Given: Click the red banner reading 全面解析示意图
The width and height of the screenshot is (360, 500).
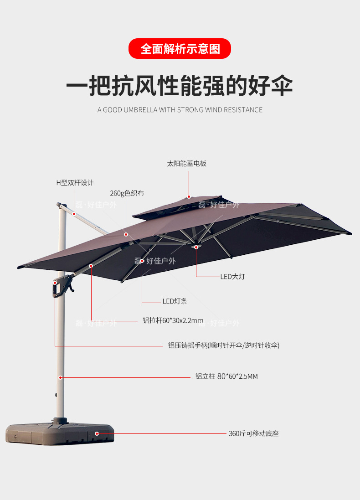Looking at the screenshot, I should [180, 49].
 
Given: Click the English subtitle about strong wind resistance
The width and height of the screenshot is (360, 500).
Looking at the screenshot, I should [180, 110].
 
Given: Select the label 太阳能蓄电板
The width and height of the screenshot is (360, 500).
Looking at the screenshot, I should [187, 164].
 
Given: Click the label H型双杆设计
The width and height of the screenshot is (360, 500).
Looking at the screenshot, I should [75, 183].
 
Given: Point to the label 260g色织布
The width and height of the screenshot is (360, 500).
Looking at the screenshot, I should [127, 193].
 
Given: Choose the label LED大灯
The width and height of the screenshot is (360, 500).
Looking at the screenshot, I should [232, 277].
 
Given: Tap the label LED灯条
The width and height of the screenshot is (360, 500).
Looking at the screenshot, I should [175, 301].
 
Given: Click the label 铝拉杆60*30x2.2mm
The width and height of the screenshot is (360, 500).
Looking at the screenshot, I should [173, 321].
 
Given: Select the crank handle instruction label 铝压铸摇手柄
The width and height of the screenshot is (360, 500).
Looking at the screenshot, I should [223, 345].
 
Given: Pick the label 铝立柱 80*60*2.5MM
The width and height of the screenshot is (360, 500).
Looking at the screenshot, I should [226, 376].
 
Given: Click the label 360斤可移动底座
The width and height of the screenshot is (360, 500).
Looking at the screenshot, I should [253, 433].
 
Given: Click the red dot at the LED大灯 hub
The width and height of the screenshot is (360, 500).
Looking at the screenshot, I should [196, 247].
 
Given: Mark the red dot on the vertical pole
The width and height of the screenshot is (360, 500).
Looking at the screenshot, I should [60, 377].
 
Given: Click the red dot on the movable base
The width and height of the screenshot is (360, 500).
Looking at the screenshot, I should [96, 433].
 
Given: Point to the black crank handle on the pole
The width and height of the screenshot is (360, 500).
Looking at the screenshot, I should [64, 285].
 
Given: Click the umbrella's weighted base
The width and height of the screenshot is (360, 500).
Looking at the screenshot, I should [59, 432].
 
